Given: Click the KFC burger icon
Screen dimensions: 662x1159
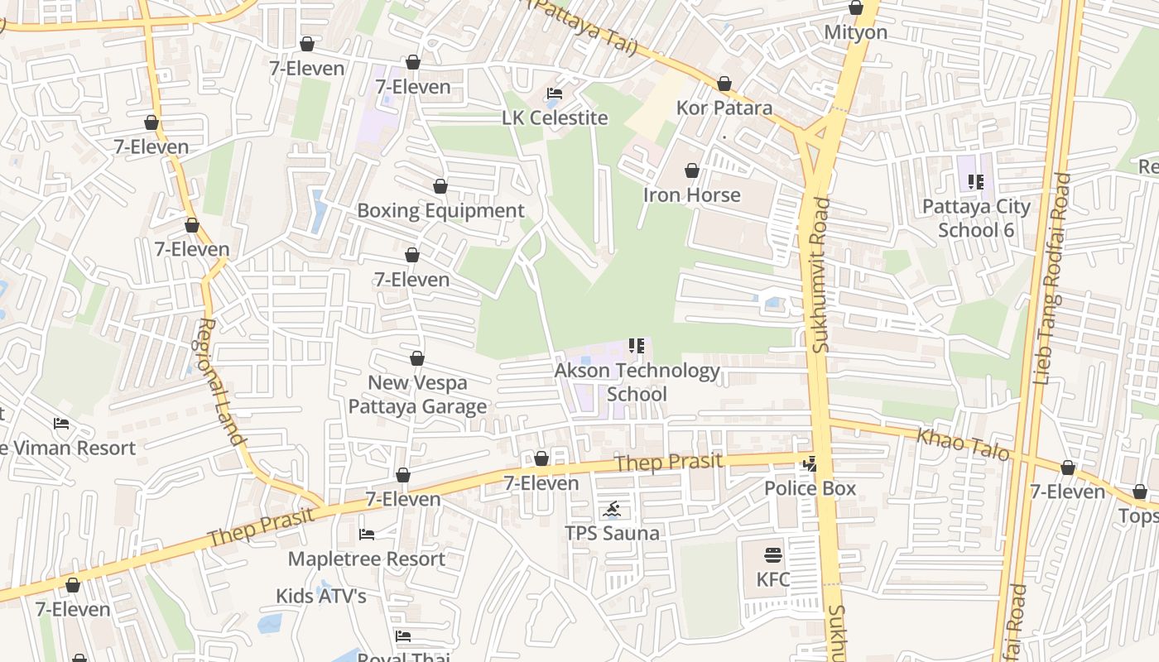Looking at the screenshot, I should click(773, 554).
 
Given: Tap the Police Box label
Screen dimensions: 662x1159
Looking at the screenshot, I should click(810, 488).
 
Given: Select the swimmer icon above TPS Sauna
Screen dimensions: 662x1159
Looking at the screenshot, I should click(612, 509).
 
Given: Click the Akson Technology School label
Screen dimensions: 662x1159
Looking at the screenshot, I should click(637, 381).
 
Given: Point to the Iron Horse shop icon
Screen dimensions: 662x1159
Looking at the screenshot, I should click(692, 171).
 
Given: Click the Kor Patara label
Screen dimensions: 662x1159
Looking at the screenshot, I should click(724, 108).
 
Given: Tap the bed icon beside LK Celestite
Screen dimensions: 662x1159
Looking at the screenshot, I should click(555, 94).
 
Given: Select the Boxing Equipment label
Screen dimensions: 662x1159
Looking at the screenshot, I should click(440, 210).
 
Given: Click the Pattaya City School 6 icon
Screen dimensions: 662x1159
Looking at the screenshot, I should click(976, 182).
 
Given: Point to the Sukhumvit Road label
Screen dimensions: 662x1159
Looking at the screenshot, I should click(820, 275).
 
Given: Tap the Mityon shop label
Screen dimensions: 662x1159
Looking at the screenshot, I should click(856, 32).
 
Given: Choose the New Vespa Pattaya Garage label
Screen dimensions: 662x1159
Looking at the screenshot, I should click(417, 395).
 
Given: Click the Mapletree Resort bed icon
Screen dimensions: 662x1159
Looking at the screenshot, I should click(367, 535).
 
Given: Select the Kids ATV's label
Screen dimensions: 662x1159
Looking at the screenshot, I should click(321, 596).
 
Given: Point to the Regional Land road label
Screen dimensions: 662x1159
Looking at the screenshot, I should click(219, 381).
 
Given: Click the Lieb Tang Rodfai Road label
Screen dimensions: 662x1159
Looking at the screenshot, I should click(1051, 280).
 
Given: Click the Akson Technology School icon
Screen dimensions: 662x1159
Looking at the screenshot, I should click(637, 346).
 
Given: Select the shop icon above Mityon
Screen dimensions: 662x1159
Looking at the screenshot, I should click(856, 8).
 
